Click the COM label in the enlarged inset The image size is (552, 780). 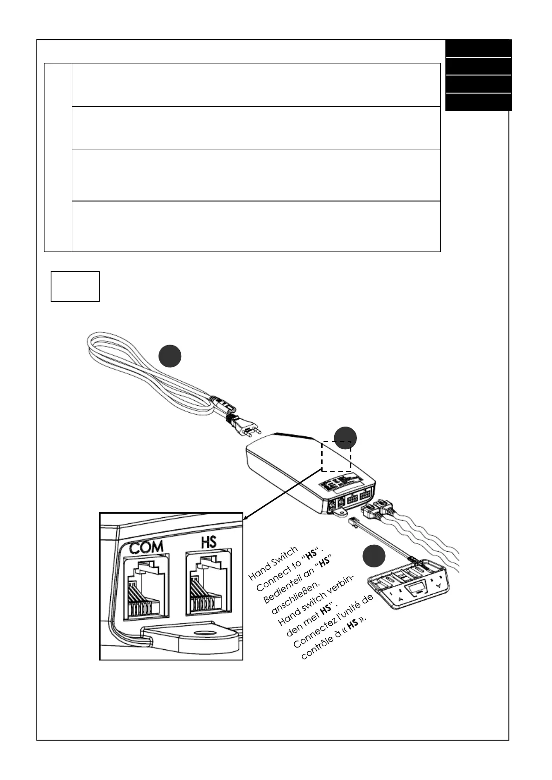click(146, 547)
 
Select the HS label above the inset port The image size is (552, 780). click(209, 541)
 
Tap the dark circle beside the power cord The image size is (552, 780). click(170, 356)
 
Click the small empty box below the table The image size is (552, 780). click(75, 287)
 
